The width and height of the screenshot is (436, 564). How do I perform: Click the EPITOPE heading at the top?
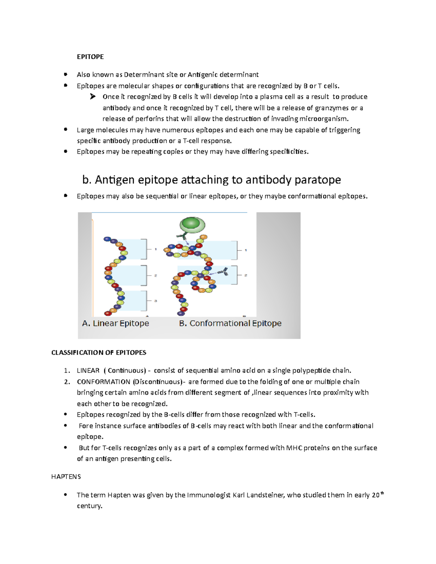pyautogui.click(x=90, y=57)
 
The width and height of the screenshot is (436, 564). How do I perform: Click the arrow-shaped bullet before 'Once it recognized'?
pyautogui.click(x=93, y=97)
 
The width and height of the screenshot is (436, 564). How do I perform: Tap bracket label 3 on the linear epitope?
pyautogui.click(x=156, y=301)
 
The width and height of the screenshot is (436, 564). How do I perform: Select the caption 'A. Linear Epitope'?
pyautogui.click(x=116, y=323)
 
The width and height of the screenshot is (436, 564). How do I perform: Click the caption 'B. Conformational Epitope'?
pyautogui.click(x=230, y=323)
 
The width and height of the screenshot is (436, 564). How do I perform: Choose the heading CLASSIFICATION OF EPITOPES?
pyautogui.click(x=99, y=353)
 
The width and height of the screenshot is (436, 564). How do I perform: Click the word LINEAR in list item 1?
pyautogui.click(x=88, y=371)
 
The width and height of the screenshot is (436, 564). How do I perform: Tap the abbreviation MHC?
pyautogui.click(x=294, y=448)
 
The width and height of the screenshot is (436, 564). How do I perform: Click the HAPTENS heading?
pyautogui.click(x=66, y=476)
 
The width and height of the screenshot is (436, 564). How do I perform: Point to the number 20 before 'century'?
pyautogui.click(x=375, y=495)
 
